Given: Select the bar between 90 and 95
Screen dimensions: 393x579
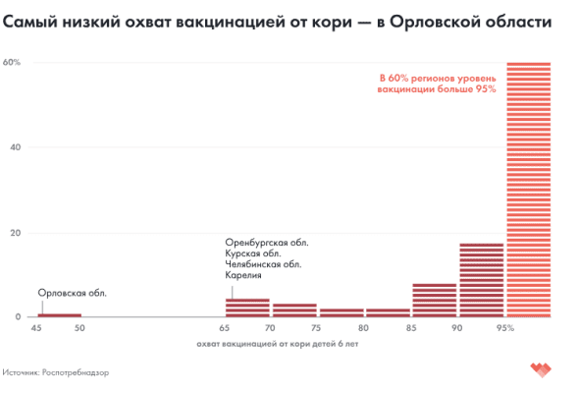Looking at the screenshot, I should (481, 280).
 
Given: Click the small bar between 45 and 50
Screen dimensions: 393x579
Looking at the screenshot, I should (59, 314).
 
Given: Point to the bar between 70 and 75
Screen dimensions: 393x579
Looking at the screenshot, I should (294, 309).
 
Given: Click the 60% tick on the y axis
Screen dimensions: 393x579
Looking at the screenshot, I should (13, 62).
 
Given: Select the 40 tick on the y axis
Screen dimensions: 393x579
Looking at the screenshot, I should (15, 147).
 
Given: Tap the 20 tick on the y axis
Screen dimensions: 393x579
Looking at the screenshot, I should (15, 233).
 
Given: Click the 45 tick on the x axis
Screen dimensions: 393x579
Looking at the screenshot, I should (36, 327).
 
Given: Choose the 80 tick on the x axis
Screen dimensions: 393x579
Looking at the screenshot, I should (363, 327).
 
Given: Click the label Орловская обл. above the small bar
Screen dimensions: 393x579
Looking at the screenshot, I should (72, 293).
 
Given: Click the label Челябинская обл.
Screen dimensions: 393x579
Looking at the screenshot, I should (263, 264).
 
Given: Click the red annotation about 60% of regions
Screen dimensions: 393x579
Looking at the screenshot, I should (438, 83).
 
